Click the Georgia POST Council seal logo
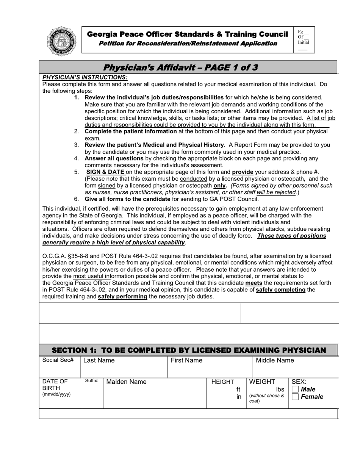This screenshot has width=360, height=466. point(62,42)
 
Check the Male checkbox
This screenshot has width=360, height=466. point(295,389)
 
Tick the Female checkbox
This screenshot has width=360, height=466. point(295,397)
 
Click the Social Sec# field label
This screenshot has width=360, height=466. point(58,360)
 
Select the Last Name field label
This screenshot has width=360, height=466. point(99,360)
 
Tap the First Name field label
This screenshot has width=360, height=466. point(186,360)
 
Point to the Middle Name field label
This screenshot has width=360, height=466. point(275,360)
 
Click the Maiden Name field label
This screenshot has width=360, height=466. point(126,382)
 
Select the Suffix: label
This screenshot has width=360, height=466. point(92,381)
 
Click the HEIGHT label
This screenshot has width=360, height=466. point(222,382)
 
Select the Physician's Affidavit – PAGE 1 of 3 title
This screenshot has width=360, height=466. point(180,67)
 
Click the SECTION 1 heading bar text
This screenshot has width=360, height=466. point(188,350)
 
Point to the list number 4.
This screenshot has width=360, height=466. point(77,158)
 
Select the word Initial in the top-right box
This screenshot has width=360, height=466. point(303,42)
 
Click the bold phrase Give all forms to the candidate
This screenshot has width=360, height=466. point(127,199)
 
